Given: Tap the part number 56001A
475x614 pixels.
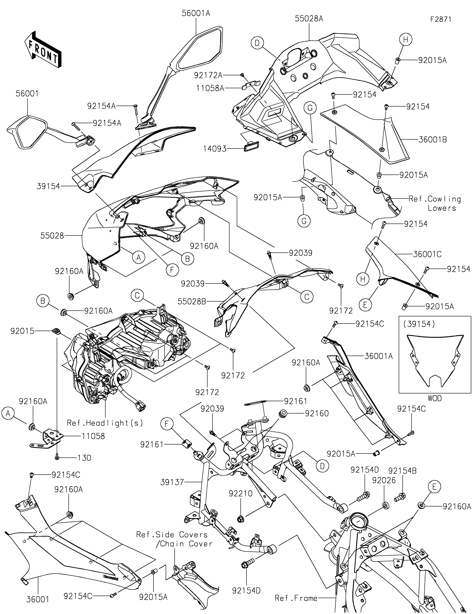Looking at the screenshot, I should point(196,13).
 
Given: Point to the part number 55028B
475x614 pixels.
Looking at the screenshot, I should point(192,301).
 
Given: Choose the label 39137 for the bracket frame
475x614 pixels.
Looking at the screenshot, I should point(172,482).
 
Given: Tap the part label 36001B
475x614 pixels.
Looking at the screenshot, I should point(433,139).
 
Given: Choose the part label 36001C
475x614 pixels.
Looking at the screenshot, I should point(427,254).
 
